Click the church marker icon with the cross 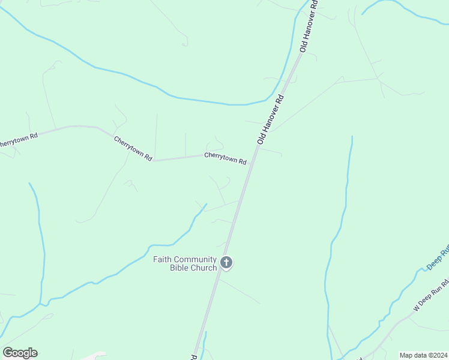[226, 262]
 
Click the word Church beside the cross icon [203, 268]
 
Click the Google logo [20, 353]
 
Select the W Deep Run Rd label [430, 295]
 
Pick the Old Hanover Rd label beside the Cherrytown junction [271, 118]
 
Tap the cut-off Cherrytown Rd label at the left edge [18, 140]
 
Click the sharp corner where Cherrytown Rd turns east [154, 161]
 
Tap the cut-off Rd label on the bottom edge [194, 356]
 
